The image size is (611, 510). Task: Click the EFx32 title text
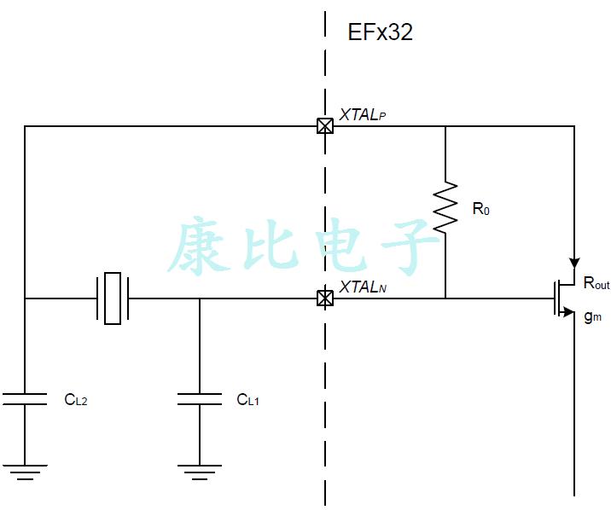click(x=380, y=32)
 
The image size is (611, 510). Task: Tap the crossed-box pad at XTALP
click(x=325, y=126)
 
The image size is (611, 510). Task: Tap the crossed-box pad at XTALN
click(x=325, y=298)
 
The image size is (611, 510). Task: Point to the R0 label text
click(x=480, y=209)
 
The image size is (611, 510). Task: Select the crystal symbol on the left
click(x=113, y=298)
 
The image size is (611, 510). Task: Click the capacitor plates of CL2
click(x=25, y=398)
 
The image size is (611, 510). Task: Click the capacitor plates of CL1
click(x=200, y=398)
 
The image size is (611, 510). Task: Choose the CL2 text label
click(x=76, y=399)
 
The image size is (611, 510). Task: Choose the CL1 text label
click(x=247, y=399)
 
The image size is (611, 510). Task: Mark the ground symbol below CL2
click(x=25, y=472)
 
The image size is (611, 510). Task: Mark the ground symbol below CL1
click(x=200, y=472)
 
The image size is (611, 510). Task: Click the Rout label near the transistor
click(x=596, y=284)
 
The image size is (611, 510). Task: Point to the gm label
click(x=593, y=316)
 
